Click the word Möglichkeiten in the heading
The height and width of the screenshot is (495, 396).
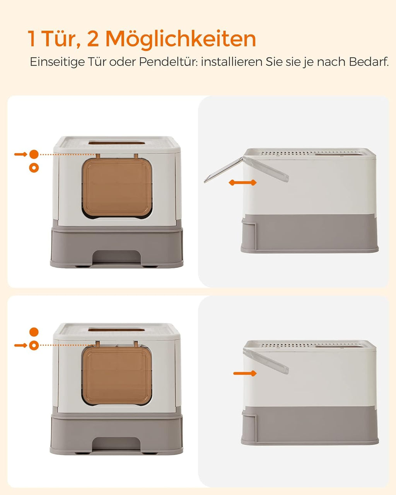click(x=181, y=39)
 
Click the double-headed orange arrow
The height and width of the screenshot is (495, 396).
click(x=242, y=183)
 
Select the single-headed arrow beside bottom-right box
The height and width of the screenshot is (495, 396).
click(x=245, y=373)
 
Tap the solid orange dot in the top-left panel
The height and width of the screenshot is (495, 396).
click(x=34, y=154)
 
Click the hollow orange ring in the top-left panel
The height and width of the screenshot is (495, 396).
click(x=34, y=168)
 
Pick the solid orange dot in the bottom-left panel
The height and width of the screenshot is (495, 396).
click(x=34, y=332)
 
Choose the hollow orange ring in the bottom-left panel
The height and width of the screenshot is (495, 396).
click(x=34, y=345)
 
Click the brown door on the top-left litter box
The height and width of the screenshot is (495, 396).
click(x=117, y=188)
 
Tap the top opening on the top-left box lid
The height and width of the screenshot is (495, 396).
click(x=117, y=143)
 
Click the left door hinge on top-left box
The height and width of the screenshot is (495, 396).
click(x=98, y=157)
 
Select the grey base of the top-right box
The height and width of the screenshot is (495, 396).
click(x=309, y=234)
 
